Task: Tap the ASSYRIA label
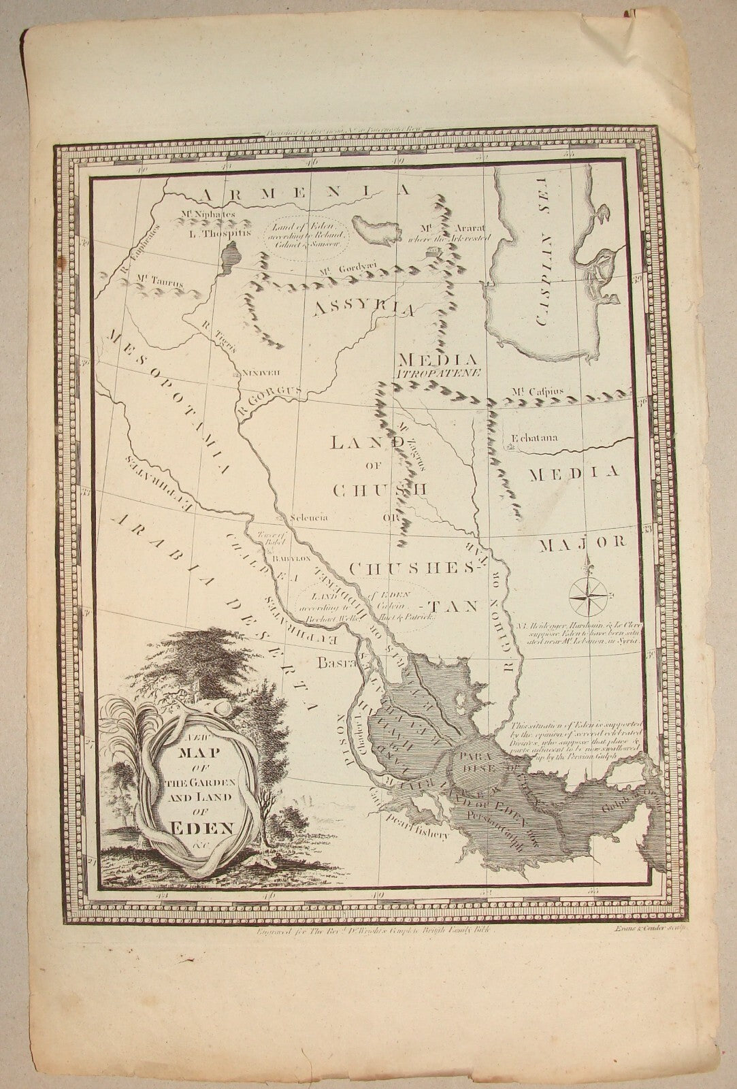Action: pos(364,308)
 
